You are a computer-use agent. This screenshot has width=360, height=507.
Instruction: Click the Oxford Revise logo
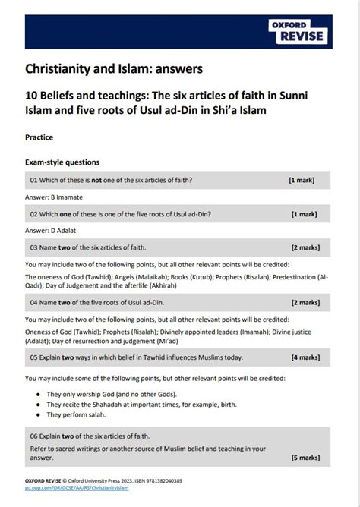[297, 32]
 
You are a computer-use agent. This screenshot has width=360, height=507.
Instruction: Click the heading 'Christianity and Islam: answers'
[114, 69]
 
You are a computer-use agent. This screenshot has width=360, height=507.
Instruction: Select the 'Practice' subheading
[39, 137]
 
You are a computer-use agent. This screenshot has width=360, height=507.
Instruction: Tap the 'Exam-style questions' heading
[62, 162]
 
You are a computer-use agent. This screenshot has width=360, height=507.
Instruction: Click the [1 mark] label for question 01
[302, 181]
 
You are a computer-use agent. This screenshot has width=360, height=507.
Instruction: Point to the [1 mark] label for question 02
[304, 214]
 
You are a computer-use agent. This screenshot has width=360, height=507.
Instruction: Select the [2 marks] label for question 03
[304, 247]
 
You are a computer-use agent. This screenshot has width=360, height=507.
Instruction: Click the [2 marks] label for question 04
[304, 303]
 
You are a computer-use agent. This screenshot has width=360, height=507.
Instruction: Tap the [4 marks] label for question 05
[304, 357]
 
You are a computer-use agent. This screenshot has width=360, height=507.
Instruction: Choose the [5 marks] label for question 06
[304, 458]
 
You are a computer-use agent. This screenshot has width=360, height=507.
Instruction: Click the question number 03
[35, 247]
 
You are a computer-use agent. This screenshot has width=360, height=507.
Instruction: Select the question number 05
[35, 357]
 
